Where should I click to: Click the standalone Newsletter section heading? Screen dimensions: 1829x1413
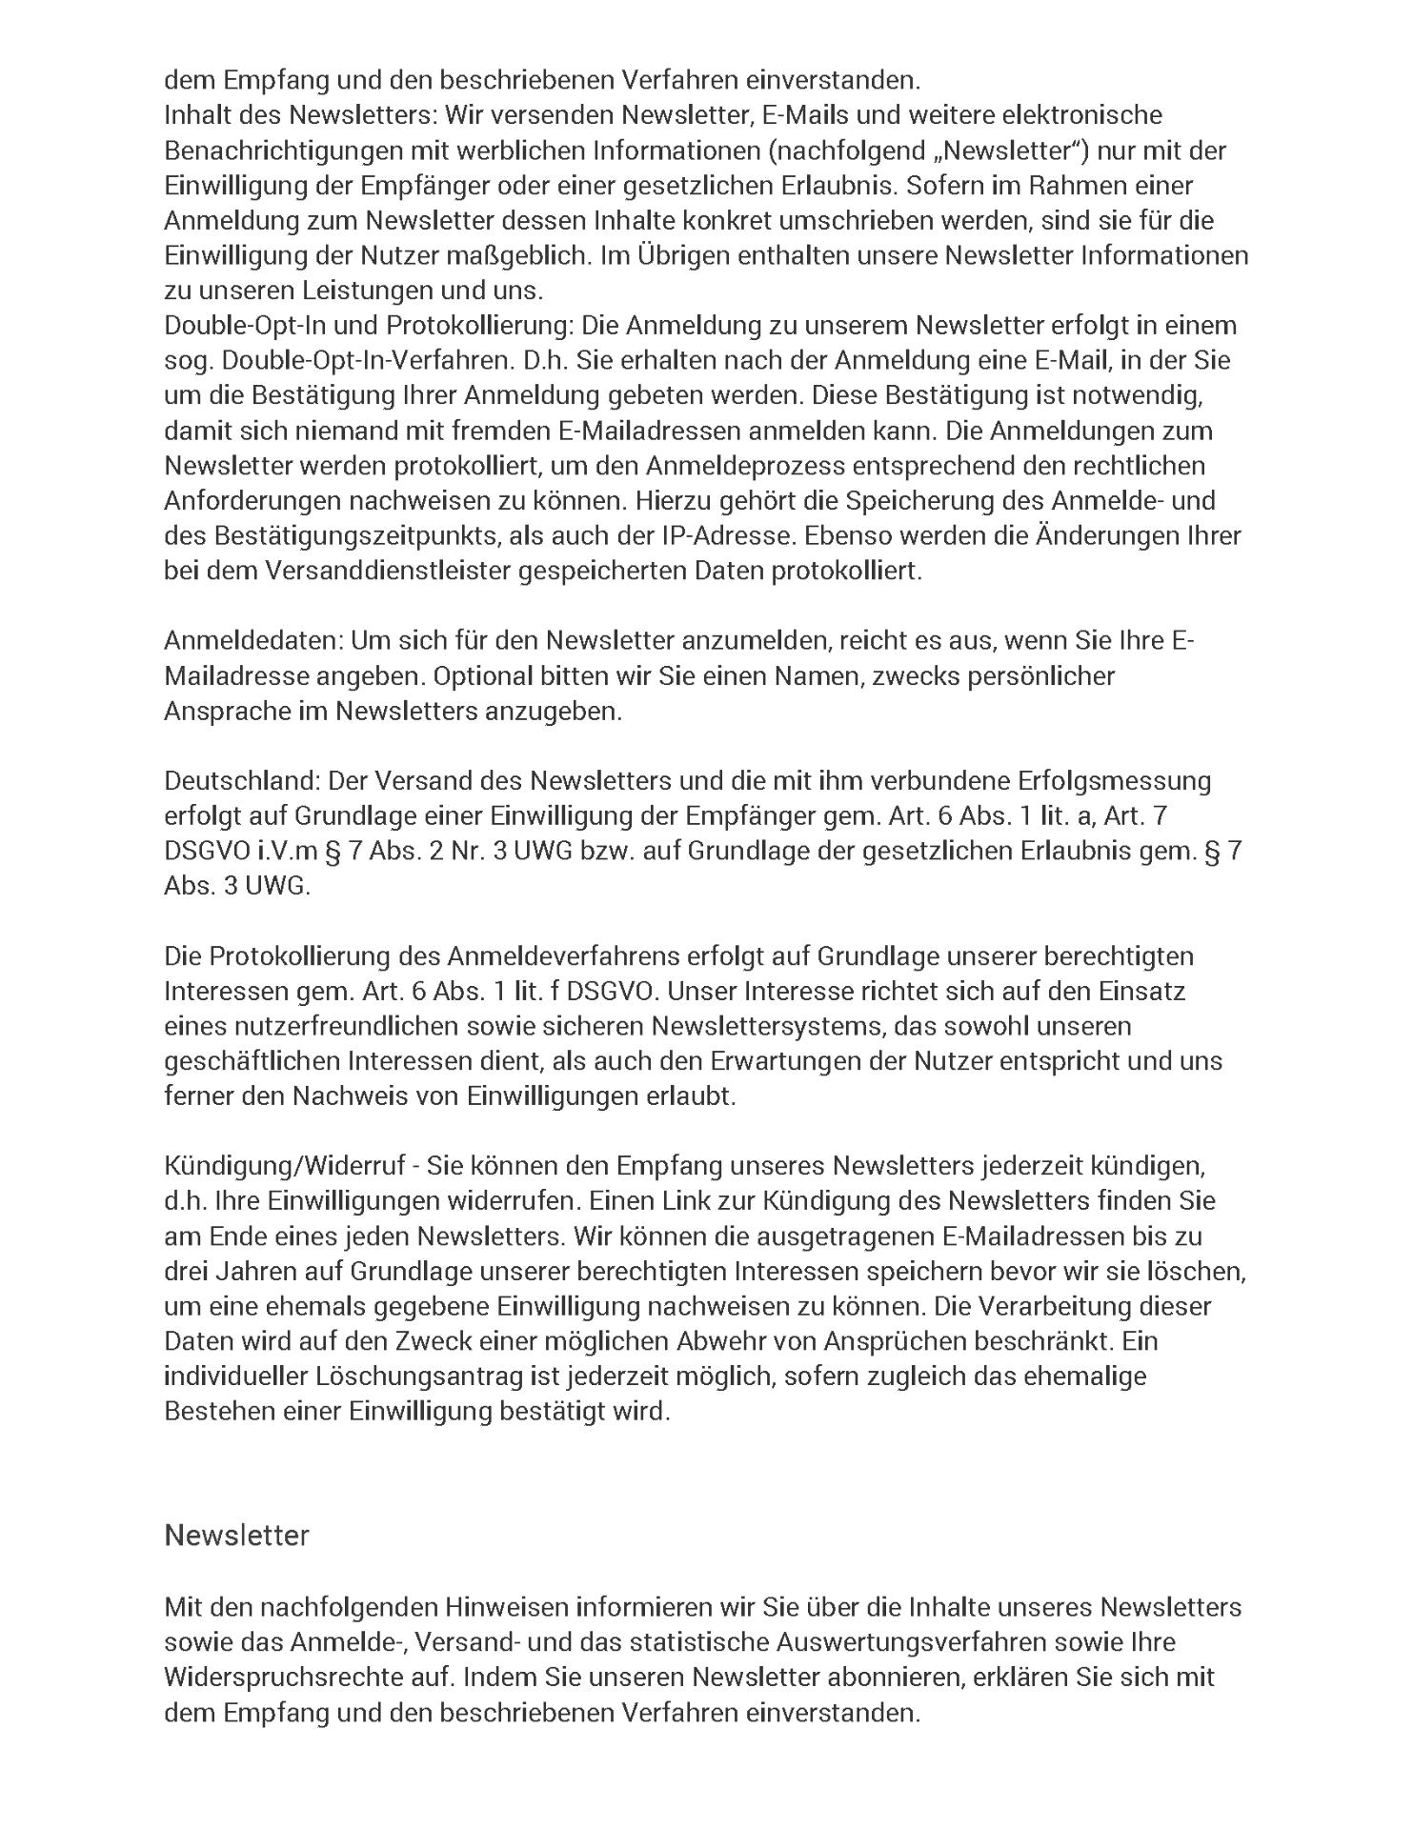tap(236, 1536)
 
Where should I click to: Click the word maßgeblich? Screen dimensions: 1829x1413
tap(515, 255)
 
